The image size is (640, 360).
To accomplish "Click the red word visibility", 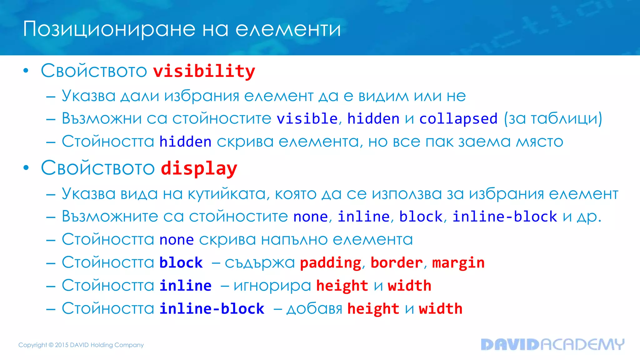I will pos(204,71).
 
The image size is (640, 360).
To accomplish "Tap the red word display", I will pos(199,169).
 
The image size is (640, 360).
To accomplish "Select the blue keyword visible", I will pos(307,119).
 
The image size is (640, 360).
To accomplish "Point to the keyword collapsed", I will pos(458,119).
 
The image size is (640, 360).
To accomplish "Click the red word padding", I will pos(330,263).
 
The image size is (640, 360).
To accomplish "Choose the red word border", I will pos(397,263).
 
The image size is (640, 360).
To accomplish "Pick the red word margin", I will pos(458,263).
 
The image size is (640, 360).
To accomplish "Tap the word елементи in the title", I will pos(288,29).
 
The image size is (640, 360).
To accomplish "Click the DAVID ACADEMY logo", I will pos(552,344).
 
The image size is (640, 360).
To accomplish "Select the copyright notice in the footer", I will pos(81,345).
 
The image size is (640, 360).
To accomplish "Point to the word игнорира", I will pos(272,286).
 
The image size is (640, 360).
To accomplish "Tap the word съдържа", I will pos(260,263).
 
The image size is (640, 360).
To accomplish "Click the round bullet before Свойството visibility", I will pos(26,71).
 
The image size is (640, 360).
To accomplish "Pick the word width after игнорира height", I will pos(409,286).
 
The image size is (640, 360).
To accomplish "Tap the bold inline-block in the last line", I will pos(212,309).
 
